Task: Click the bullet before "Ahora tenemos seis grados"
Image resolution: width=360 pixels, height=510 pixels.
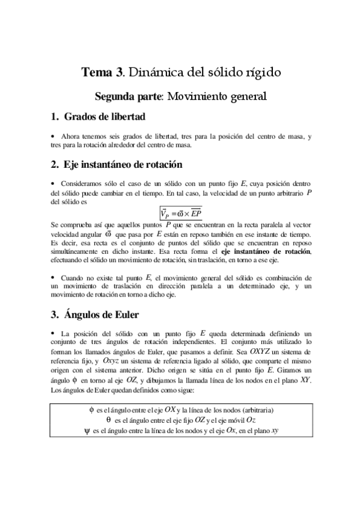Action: pos(53,137)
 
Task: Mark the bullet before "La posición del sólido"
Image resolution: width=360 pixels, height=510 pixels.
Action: pos(53,333)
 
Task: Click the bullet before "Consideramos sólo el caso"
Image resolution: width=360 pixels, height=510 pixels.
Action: pos(53,183)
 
